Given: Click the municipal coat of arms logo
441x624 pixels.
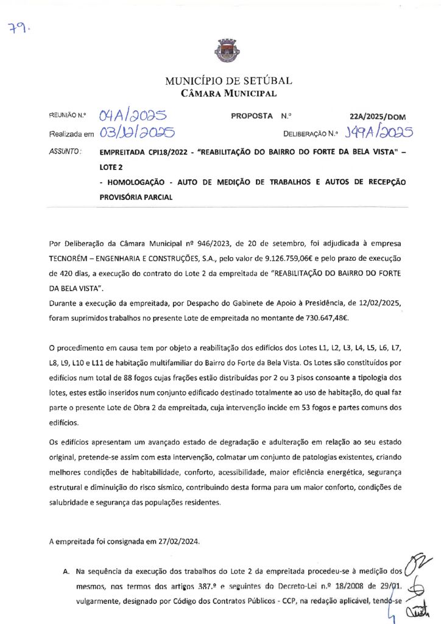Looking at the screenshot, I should (x=220, y=49).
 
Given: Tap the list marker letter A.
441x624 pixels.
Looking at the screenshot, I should (x=66, y=572).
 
